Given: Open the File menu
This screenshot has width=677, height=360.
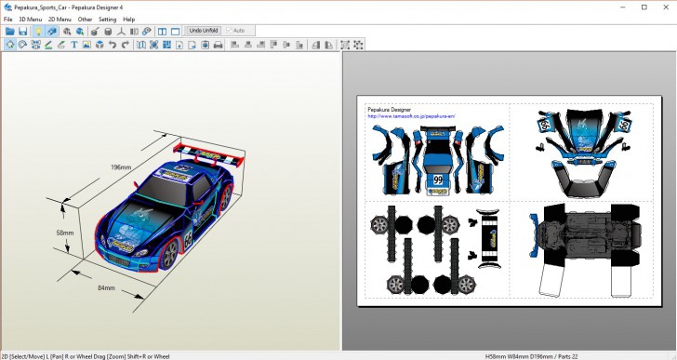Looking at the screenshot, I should tap(7, 19).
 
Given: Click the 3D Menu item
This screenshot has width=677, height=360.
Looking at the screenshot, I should tap(30, 19).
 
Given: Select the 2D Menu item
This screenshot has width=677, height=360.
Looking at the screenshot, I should tap(60, 19).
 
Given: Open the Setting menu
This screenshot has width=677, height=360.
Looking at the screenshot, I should tap(108, 19).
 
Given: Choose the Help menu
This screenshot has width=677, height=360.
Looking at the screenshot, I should tap(128, 19).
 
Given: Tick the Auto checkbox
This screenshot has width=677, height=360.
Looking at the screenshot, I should tap(229, 31).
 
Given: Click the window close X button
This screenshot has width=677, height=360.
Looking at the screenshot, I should tap(664, 7).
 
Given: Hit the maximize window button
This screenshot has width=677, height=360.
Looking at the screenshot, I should tap(644, 7).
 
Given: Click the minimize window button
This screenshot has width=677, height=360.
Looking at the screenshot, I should tap(622, 7).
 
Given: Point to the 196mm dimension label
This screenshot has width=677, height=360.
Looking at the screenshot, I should tap(121, 167).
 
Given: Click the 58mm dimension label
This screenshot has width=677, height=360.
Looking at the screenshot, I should tap(64, 233).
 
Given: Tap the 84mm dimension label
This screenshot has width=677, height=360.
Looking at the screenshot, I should tap(106, 287).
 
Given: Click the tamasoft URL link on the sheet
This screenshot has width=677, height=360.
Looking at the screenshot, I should tap(411, 116).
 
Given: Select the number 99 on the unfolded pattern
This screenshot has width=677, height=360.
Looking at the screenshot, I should tap(437, 179).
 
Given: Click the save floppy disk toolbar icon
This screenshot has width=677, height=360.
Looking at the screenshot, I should tap(23, 31).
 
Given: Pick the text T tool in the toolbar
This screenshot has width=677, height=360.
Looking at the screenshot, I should tap(73, 44).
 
